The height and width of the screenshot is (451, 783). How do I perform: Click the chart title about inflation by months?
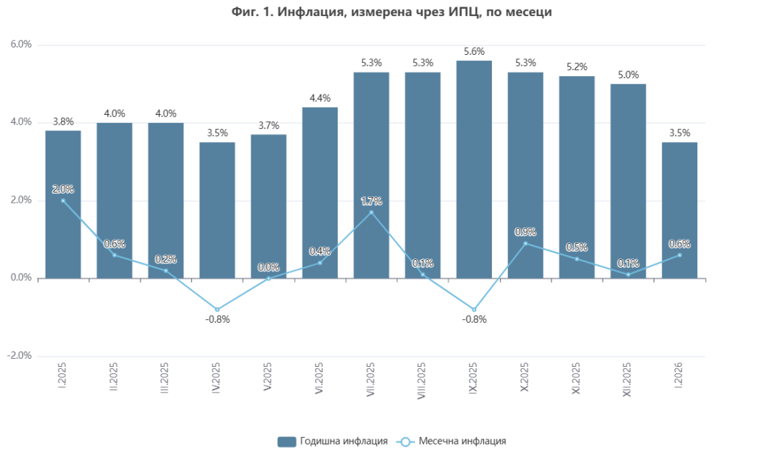pos(391,12)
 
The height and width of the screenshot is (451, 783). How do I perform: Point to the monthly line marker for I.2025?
pos(63,201)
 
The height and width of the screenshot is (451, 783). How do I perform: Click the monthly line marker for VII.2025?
pos(371,212)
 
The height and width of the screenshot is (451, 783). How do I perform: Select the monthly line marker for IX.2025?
pos(474,310)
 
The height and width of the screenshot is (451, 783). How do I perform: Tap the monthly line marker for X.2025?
pos(525,243)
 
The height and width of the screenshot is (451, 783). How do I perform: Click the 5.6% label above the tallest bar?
pos(474,51)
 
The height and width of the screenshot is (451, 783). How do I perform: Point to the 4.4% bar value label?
pos(320,98)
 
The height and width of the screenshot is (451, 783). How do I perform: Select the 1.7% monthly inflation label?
pos(371,201)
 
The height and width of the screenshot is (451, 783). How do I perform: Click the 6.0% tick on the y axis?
pos(21,45)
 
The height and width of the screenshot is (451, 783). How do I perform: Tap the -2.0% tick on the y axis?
pos(20,356)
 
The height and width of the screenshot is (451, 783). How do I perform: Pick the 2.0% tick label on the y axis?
pos(21,201)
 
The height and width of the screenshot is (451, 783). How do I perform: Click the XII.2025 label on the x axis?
pos(628,379)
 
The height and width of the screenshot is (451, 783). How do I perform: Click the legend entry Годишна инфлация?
pos(334,441)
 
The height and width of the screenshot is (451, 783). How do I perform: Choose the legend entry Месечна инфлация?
pos(452,441)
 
